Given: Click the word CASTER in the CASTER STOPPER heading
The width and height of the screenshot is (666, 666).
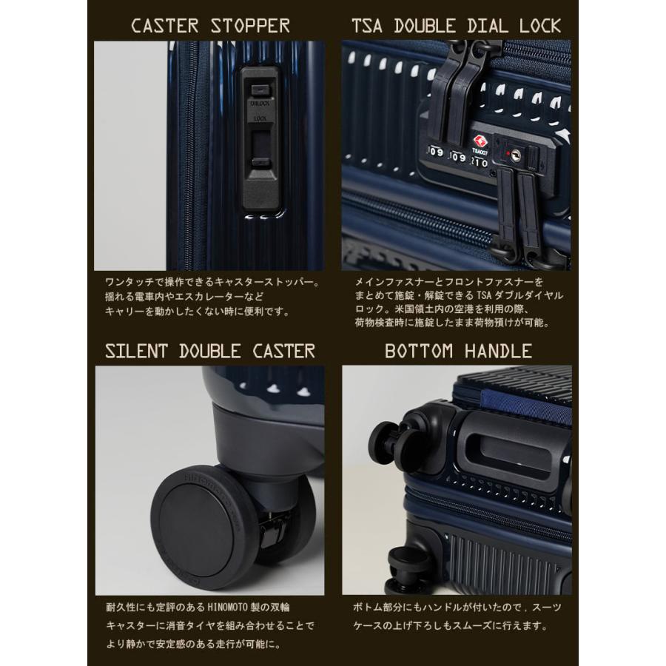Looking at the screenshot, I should coord(164,26).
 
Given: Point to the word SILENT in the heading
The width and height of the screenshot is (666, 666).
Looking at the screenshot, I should coord(140,350).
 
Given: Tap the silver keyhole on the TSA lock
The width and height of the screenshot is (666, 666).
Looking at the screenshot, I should coord(513,155).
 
